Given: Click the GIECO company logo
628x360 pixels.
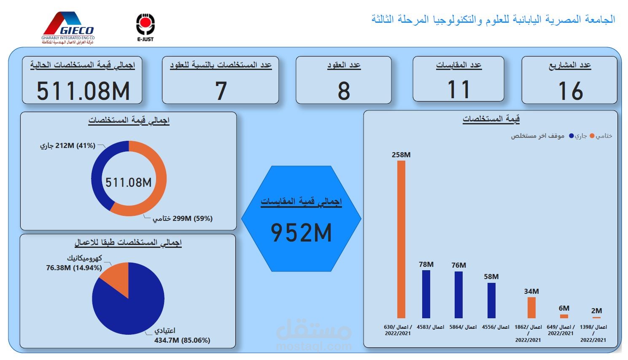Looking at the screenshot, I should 68,27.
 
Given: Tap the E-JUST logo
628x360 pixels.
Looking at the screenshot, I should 145,27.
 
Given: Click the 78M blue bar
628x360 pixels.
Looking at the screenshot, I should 426,294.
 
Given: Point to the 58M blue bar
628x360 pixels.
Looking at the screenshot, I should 491,300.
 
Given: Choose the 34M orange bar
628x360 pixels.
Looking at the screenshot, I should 531,307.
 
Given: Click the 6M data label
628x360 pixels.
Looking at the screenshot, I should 564,308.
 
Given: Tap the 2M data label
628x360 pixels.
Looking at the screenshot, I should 596,311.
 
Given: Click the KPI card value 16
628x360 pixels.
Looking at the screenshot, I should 570,91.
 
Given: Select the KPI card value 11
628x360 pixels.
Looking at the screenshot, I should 458,90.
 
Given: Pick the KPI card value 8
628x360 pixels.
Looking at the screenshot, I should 344,91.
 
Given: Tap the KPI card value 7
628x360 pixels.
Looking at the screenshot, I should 221,91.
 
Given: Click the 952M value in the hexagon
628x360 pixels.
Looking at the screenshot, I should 301,233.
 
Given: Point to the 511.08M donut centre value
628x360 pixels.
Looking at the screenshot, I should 129,182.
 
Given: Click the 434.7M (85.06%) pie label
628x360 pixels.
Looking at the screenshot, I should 182,340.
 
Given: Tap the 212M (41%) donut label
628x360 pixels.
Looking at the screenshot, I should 67,146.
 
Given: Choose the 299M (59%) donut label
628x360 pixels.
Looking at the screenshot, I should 183,218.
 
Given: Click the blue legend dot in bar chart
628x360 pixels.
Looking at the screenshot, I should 571,136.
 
